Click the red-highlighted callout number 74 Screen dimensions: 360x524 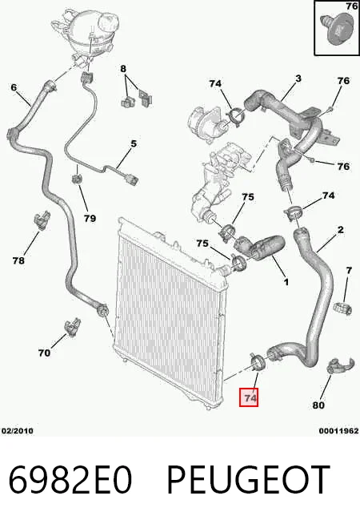[x=249, y=397]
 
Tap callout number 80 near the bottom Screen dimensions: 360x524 [x=318, y=405]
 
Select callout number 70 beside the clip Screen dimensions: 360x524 [x=44, y=353]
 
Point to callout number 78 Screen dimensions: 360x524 [x=18, y=260]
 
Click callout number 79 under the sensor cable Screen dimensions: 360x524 [x=90, y=218]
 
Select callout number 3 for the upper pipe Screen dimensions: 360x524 [x=298, y=79]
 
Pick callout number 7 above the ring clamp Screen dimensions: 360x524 [x=349, y=270]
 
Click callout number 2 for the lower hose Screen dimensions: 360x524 [x=340, y=230]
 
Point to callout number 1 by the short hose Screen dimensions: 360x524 [x=286, y=282]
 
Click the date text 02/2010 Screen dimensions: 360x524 [x=18, y=431]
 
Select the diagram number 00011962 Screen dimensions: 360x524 [x=339, y=431]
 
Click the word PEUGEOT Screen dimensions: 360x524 [x=248, y=479]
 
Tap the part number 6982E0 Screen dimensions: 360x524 [x=70, y=479]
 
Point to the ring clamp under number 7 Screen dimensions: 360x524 [x=343, y=308]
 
